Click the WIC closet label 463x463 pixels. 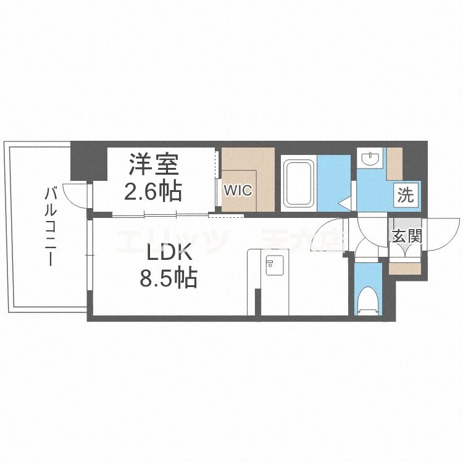pyautogui.click(x=238, y=191)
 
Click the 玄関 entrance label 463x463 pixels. pyautogui.click(x=406, y=236)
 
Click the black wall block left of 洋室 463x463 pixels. pyautogui.click(x=88, y=162)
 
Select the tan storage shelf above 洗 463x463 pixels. pyautogui.click(x=394, y=162)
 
